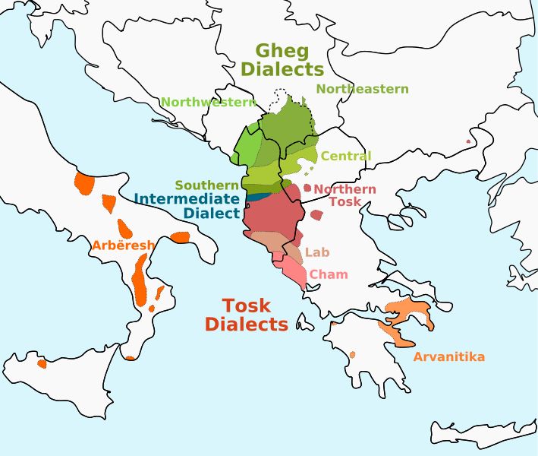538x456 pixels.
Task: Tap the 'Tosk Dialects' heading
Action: point(247,315)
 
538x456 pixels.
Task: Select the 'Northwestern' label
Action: point(208,102)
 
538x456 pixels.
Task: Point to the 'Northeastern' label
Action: point(362,89)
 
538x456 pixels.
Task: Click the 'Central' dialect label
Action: point(346,156)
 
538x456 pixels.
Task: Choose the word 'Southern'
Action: point(207,185)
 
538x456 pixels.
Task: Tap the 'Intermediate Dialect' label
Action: point(187,206)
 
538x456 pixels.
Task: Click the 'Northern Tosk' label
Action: point(345,195)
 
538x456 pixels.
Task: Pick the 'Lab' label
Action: point(317,252)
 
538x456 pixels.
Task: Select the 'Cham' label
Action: point(329,274)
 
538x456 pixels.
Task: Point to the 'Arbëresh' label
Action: point(123,245)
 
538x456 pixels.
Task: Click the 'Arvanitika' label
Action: point(448,356)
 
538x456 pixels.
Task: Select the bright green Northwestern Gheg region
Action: point(247,148)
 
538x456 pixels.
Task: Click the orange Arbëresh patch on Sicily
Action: point(42,363)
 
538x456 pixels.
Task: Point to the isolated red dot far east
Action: point(469,141)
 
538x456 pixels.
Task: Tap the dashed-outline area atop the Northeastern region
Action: point(282,99)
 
